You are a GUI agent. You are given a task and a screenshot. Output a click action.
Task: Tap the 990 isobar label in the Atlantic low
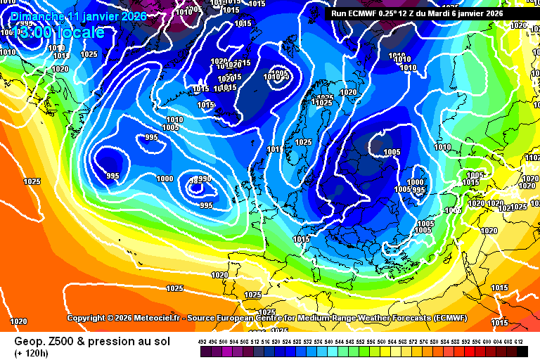(x=205, y=179)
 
